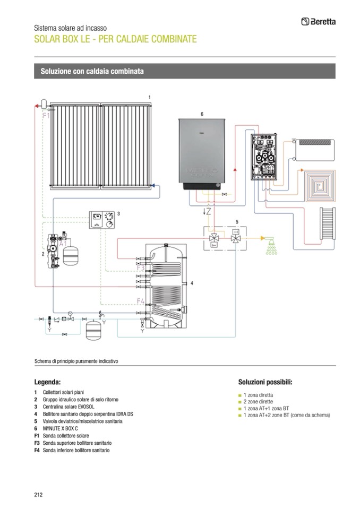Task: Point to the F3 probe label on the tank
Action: [x=141, y=269]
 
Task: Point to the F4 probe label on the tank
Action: [x=141, y=301]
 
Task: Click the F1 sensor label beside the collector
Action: [x=46, y=115]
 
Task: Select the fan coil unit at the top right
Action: [x=316, y=144]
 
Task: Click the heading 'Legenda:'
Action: [x=47, y=382]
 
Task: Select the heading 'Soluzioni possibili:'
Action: [x=265, y=382]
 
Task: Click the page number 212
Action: [x=38, y=495]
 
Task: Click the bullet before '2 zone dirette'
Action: [x=240, y=402]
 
